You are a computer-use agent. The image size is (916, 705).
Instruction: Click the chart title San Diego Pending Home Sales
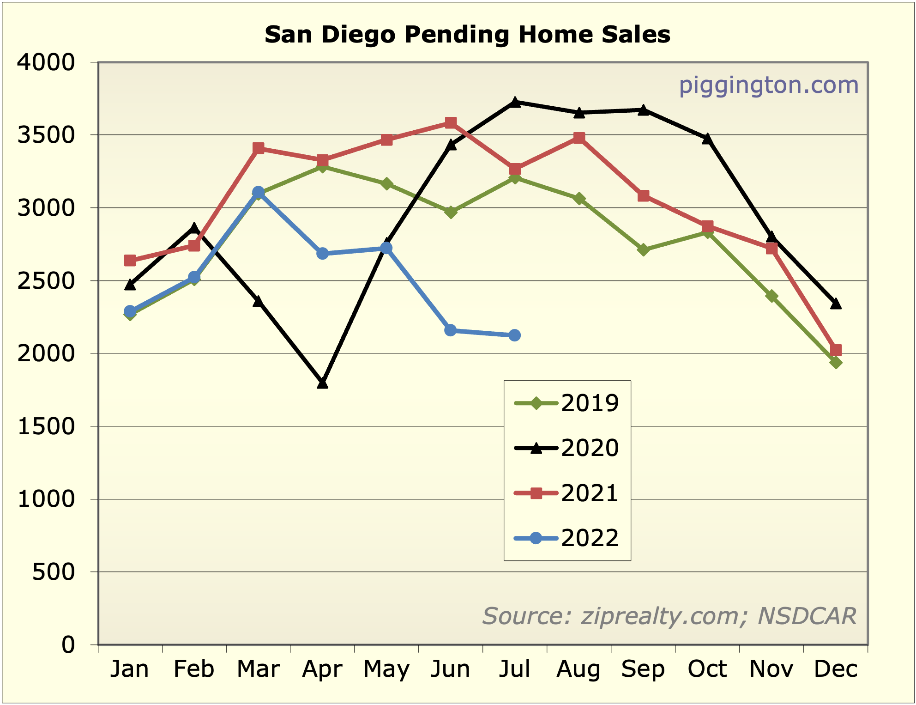click(x=467, y=35)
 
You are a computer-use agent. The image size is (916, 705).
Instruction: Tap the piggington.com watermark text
click(x=768, y=85)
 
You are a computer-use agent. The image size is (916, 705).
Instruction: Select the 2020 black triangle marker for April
click(x=322, y=383)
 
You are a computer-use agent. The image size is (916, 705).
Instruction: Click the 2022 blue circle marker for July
click(x=515, y=335)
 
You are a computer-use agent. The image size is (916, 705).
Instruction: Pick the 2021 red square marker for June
click(x=451, y=122)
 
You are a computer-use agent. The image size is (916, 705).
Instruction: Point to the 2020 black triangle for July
click(x=515, y=102)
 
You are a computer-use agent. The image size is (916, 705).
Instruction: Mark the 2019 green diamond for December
click(x=836, y=363)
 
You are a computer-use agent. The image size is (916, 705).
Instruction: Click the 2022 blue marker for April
click(x=322, y=254)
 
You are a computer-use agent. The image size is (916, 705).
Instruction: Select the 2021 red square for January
click(x=130, y=261)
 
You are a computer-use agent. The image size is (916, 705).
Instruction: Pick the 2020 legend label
click(x=589, y=448)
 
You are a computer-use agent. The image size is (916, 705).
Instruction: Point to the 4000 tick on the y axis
click(x=45, y=62)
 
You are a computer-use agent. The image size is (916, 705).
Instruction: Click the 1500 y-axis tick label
click(x=45, y=426)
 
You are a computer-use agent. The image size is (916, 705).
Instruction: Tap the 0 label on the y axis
click(x=68, y=644)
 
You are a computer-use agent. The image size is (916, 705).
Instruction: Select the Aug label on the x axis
click(x=579, y=669)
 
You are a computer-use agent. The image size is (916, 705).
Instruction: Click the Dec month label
click(x=836, y=669)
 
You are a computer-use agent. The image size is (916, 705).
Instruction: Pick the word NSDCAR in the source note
click(x=807, y=616)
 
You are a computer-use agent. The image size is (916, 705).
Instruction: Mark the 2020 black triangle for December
click(x=836, y=304)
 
